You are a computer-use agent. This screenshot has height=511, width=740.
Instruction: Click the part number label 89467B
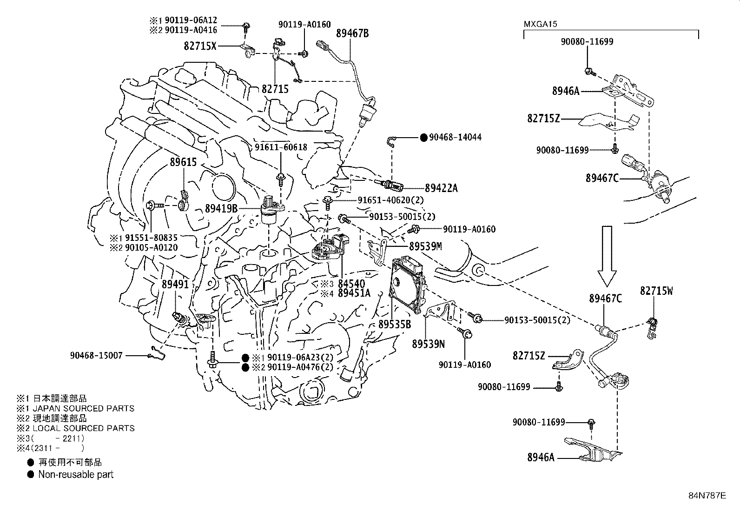(x=352, y=33)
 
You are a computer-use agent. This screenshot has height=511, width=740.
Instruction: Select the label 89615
(x=183, y=162)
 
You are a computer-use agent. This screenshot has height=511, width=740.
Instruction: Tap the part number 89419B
(x=221, y=209)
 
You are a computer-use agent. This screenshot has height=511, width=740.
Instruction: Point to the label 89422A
(x=441, y=188)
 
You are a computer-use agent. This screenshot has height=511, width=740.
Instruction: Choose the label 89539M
(x=425, y=246)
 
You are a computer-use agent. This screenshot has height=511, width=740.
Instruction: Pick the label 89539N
(x=428, y=344)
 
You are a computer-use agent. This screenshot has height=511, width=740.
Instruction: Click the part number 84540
(x=351, y=284)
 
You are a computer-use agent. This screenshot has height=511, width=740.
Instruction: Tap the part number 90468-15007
(x=97, y=356)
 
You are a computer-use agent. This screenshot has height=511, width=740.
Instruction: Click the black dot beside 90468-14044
(x=423, y=137)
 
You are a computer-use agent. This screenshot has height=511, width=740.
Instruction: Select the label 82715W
(x=656, y=291)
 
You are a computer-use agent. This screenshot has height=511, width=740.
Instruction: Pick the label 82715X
(x=200, y=46)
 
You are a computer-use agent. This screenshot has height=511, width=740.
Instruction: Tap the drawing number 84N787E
(x=707, y=495)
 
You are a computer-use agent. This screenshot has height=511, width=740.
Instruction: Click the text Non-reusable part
(x=76, y=475)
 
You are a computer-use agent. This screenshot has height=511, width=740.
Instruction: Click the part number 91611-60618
(x=281, y=147)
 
